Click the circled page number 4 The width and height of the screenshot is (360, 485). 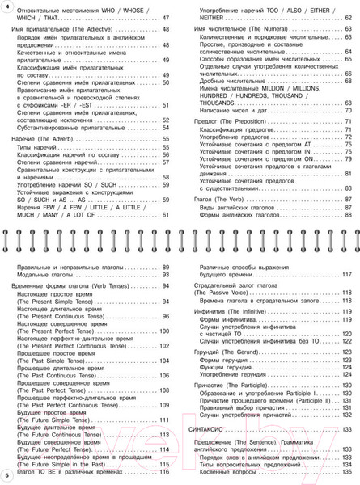coord(6,7)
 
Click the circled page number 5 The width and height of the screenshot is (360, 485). coord(6,472)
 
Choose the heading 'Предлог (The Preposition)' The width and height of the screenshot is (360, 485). coord(232,121)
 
